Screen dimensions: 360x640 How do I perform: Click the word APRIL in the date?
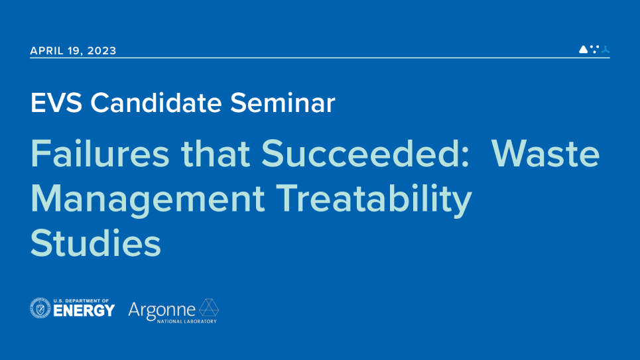pos(46,51)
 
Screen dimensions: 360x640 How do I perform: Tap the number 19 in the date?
pos(75,51)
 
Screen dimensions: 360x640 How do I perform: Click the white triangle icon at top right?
pos(583,49)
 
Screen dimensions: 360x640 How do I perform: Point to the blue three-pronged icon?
pos(605,49)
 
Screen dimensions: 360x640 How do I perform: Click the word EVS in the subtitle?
pos(57,103)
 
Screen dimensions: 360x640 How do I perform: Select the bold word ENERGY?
pos(83,311)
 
